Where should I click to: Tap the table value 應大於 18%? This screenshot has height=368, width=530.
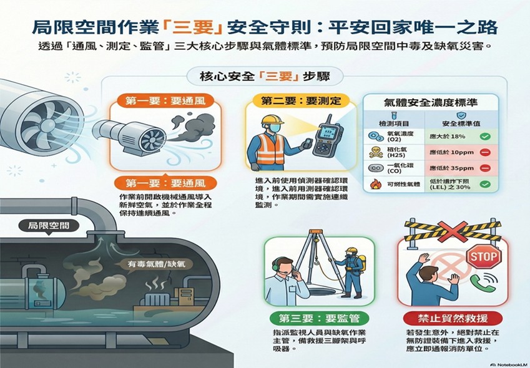tap(449, 135)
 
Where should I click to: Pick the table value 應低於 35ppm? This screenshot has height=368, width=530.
tap(449, 168)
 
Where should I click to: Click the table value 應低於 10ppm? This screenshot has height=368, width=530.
tap(449, 152)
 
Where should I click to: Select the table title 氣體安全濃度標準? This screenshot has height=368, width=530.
tap(430, 103)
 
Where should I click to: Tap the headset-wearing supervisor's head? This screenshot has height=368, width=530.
tap(283, 268)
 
